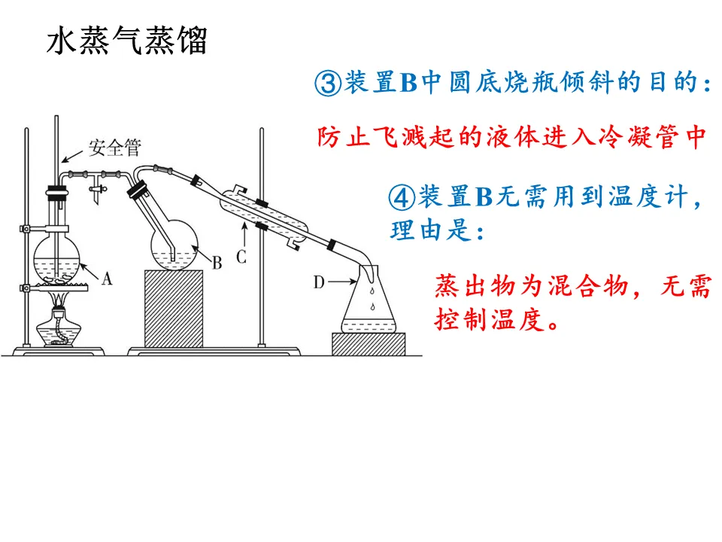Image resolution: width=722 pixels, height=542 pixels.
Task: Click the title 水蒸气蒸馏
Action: (x=126, y=41)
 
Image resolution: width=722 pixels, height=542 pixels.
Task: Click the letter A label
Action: (x=106, y=279)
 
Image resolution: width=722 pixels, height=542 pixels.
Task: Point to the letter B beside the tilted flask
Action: (x=217, y=263)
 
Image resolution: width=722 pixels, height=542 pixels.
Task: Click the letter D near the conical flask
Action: (x=319, y=282)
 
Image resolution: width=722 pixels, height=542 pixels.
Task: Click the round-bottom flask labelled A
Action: (x=58, y=256)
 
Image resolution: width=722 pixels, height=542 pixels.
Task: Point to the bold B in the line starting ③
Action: (x=408, y=84)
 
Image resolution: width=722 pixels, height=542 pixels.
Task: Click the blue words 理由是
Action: (x=429, y=230)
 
